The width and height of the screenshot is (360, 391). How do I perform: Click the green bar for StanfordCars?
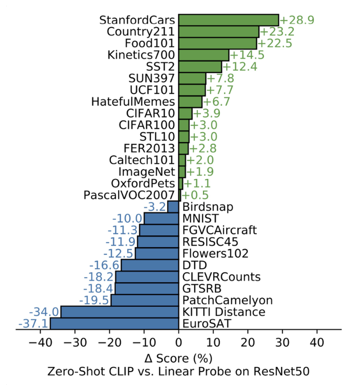(228, 20)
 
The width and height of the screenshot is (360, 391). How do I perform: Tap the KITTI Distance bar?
(119, 312)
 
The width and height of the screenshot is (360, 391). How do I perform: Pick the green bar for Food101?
(218, 43)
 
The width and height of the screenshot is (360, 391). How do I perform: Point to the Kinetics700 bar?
(204, 55)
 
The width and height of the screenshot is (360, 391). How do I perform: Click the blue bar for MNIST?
(161, 218)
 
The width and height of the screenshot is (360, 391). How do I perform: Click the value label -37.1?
(33, 324)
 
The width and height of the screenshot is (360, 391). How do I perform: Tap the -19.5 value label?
(94, 300)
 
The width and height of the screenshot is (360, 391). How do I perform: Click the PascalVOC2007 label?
(129, 195)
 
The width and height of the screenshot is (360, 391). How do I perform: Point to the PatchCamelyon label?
(227, 300)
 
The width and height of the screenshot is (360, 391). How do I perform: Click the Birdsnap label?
(204, 207)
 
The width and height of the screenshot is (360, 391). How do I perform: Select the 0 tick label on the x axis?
(179, 343)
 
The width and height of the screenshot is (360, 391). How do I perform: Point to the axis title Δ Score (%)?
(179, 357)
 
